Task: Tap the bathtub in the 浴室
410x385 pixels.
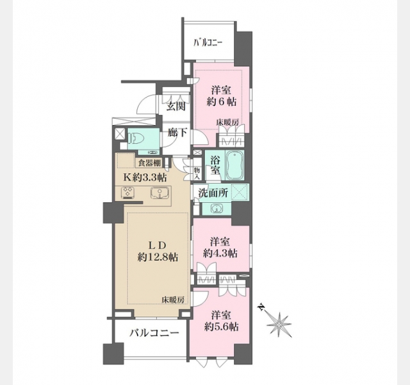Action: tap(234, 165)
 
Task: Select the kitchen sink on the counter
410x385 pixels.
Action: tap(158, 194)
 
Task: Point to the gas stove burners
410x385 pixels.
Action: tap(128, 193)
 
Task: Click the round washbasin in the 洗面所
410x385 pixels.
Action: tap(217, 209)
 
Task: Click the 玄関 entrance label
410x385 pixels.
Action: tap(176, 107)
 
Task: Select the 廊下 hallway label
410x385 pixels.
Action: tap(177, 133)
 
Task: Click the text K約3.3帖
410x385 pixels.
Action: tap(145, 178)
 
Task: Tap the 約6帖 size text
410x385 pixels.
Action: tap(221, 101)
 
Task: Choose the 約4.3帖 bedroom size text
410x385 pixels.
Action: tap(220, 253)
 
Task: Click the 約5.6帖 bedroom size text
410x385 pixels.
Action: tap(221, 327)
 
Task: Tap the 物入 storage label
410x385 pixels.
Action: tap(197, 174)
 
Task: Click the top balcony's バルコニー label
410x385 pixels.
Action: tap(208, 42)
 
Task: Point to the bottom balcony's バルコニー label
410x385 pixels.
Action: tap(154, 333)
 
